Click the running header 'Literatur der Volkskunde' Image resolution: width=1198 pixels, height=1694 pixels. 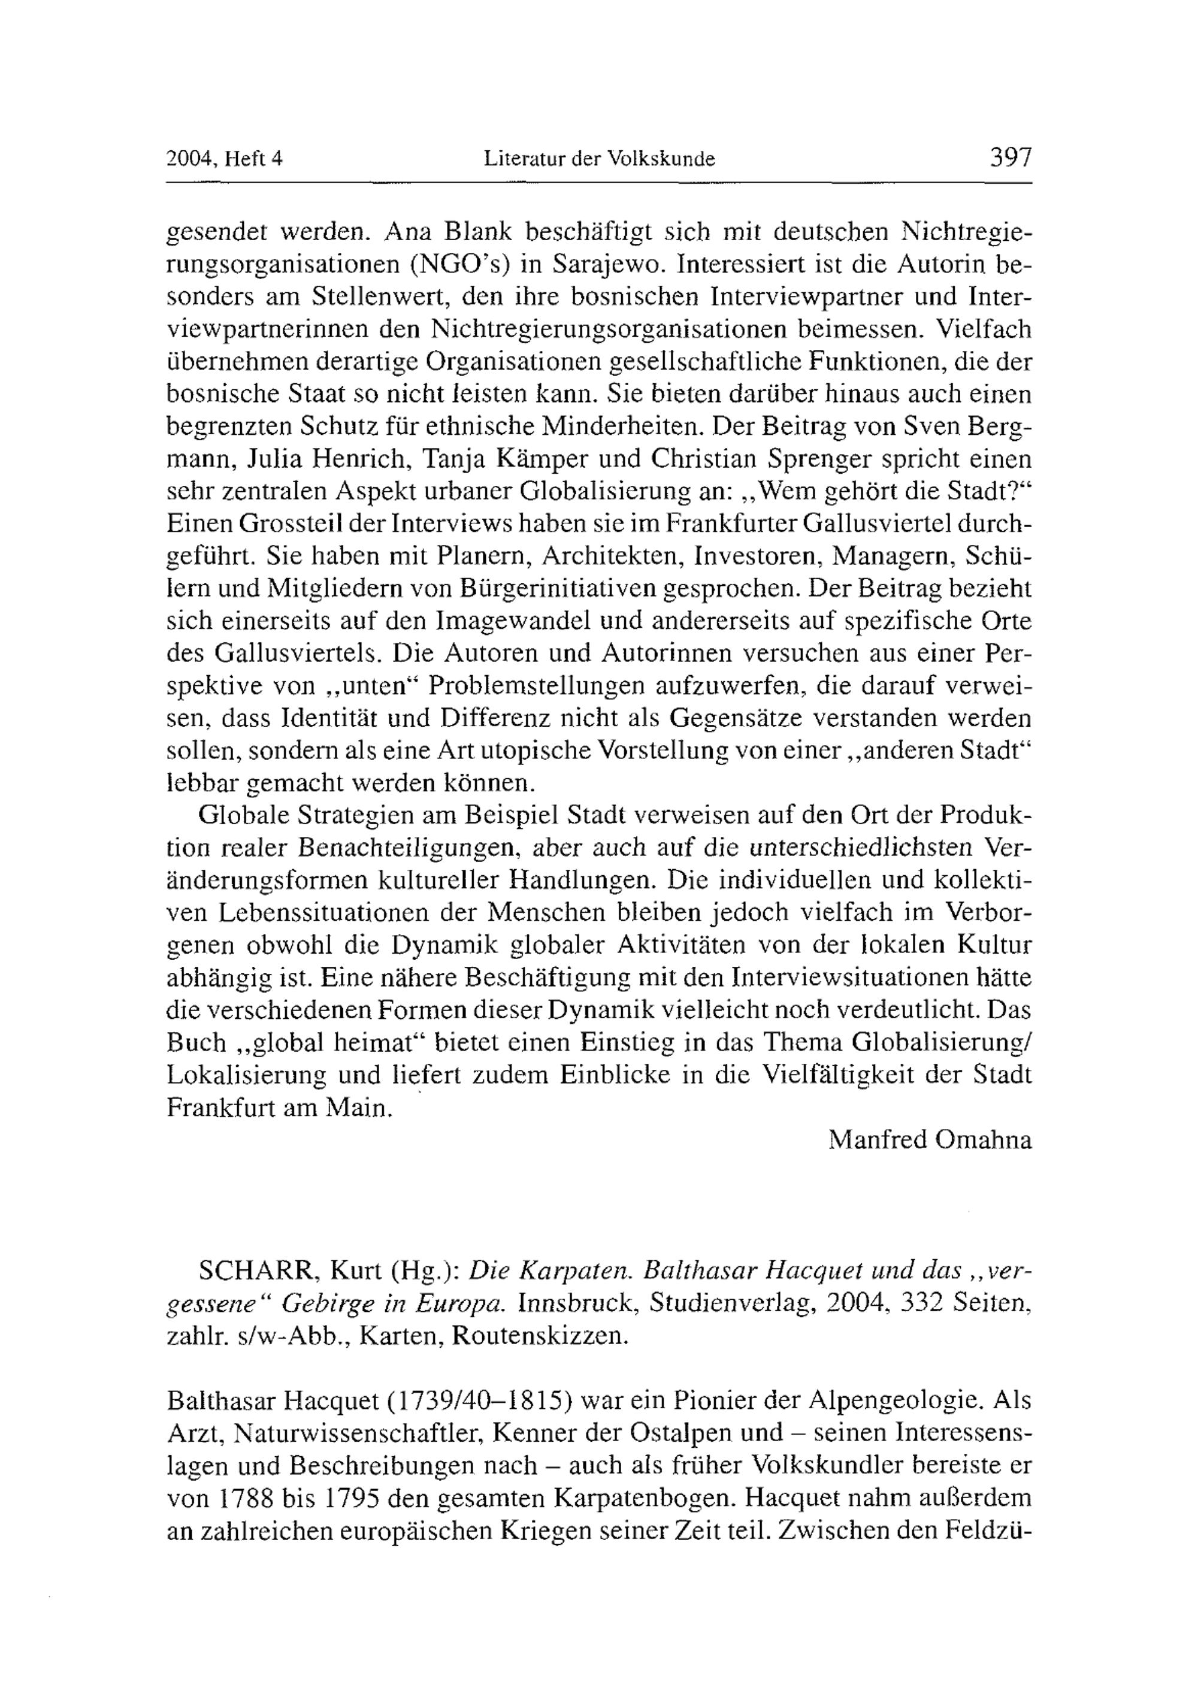[x=599, y=159]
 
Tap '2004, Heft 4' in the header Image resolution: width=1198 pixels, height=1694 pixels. [x=225, y=159]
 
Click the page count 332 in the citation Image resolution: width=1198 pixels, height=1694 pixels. [x=918, y=1303]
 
